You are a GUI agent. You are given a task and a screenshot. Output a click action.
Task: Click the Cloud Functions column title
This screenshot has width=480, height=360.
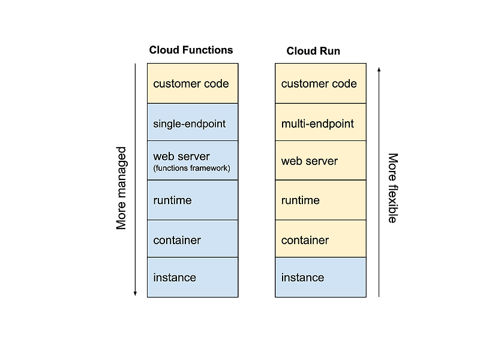pos(191,50)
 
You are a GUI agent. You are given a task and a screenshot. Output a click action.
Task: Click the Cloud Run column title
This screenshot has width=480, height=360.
pos(313,51)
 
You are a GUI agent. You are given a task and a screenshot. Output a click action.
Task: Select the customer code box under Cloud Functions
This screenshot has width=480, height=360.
pos(193,83)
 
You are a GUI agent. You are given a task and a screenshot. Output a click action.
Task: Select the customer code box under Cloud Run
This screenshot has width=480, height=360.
pos(320,83)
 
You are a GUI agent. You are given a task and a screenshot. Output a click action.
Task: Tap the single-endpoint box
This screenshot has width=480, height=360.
pos(193,123)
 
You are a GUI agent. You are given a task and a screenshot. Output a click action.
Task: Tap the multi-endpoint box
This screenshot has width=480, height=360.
pos(320,123)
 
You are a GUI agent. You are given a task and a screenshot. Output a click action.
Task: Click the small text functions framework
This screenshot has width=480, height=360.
pos(191,169)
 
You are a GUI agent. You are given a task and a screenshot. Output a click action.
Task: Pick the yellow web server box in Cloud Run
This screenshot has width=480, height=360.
pos(320,161)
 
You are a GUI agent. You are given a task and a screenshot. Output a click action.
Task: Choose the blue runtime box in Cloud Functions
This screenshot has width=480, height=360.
pos(193,200)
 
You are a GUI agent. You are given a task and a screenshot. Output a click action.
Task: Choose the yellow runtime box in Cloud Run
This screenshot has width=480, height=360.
pos(320,200)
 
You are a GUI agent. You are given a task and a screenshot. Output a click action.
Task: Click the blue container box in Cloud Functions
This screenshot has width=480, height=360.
pos(193,239)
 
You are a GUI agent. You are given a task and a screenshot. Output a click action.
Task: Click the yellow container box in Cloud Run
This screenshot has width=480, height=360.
pos(320,239)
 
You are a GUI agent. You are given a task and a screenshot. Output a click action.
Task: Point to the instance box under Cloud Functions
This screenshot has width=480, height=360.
pos(193,277)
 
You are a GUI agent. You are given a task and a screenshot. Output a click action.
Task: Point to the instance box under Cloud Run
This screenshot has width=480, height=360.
pos(320,277)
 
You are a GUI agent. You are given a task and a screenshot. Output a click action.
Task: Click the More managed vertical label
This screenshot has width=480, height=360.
pos(122,188)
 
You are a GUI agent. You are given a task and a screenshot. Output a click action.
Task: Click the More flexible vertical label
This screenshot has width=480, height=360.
pos(392,188)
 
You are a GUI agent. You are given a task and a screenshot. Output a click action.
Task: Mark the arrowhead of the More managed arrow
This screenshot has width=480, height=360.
pos(135,293)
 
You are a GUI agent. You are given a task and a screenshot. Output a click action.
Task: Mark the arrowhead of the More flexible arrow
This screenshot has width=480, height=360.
pos(379,70)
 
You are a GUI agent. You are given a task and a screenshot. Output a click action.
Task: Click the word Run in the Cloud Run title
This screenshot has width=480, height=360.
pos(329,51)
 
